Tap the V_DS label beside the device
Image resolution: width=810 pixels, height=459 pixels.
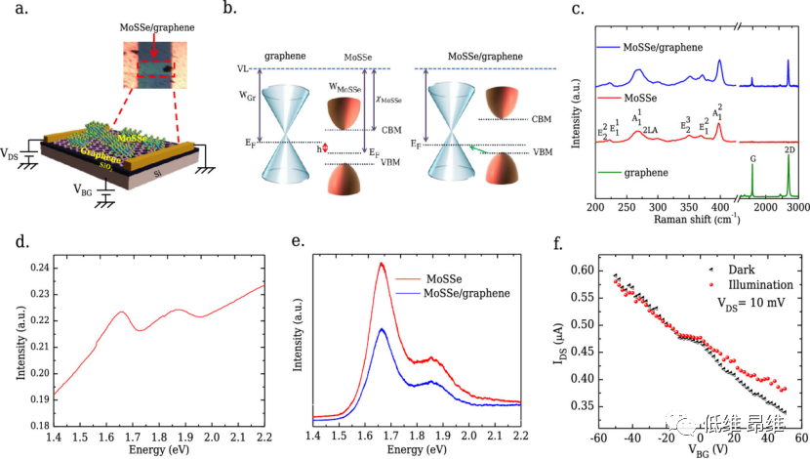(x=15, y=154)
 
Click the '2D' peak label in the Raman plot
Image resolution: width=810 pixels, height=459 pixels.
(x=790, y=149)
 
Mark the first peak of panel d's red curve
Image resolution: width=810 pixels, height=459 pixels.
(x=122, y=313)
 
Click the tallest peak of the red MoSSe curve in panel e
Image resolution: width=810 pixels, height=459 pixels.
(x=382, y=263)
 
